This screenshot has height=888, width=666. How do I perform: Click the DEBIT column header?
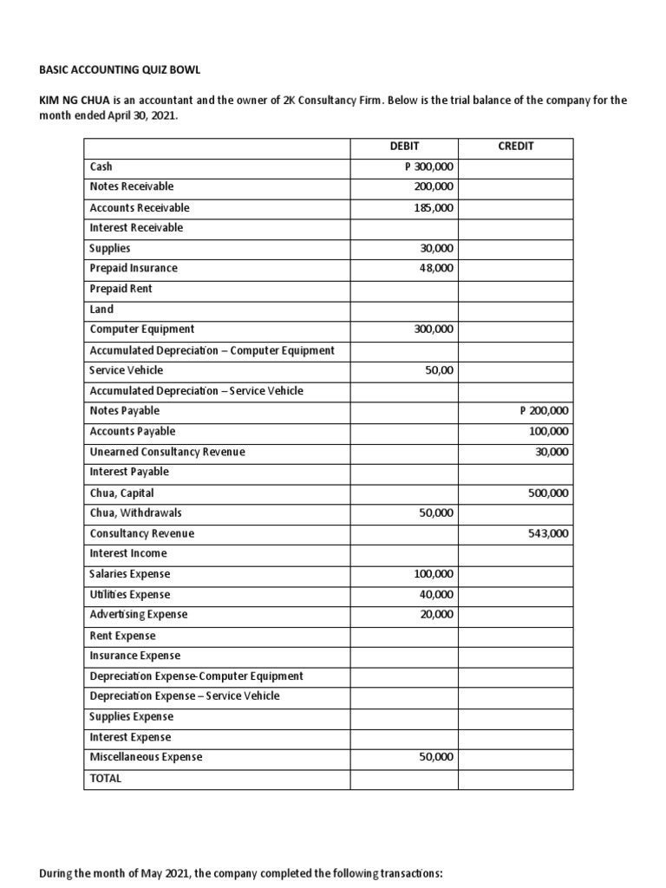(x=404, y=147)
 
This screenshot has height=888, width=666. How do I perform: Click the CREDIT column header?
(x=515, y=147)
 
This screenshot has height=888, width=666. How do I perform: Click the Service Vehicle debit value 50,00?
(x=439, y=370)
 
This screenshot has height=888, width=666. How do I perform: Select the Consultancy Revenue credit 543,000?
(x=548, y=534)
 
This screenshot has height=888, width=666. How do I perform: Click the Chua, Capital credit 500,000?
(x=548, y=493)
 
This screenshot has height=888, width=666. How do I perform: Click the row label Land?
(x=101, y=309)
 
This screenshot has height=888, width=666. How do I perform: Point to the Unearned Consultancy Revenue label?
(x=167, y=452)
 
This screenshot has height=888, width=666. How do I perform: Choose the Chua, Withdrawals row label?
(x=135, y=513)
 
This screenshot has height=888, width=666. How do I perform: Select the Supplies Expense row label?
(x=131, y=716)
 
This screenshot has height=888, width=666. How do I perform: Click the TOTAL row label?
(x=106, y=778)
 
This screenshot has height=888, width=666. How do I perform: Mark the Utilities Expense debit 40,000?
(x=437, y=594)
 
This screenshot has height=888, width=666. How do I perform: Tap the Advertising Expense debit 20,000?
(x=437, y=614)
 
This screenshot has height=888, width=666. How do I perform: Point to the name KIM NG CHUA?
(x=73, y=101)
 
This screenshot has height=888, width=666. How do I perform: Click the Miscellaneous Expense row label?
(x=146, y=757)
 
